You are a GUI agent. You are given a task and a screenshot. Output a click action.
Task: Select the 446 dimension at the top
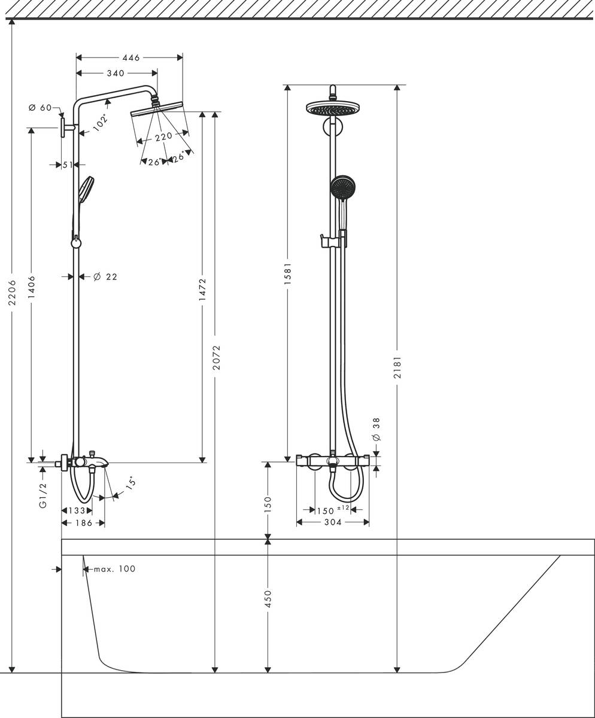click(x=130, y=57)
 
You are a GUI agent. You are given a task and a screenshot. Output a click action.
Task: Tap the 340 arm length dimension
click(x=115, y=73)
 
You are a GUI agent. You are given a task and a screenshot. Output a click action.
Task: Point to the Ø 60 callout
click(x=40, y=108)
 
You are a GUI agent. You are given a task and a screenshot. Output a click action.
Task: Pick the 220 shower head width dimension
click(x=163, y=137)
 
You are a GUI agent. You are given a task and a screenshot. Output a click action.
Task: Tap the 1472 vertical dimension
click(x=202, y=291)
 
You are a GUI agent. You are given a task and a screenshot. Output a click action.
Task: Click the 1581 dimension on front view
click(x=288, y=276)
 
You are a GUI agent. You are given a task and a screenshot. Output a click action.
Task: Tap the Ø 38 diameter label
click(x=376, y=429)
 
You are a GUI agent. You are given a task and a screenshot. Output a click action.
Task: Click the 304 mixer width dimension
click(x=332, y=522)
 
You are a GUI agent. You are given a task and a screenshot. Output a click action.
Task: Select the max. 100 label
click(x=114, y=568)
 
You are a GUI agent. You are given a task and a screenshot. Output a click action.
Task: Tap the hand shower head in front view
click(x=342, y=187)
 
